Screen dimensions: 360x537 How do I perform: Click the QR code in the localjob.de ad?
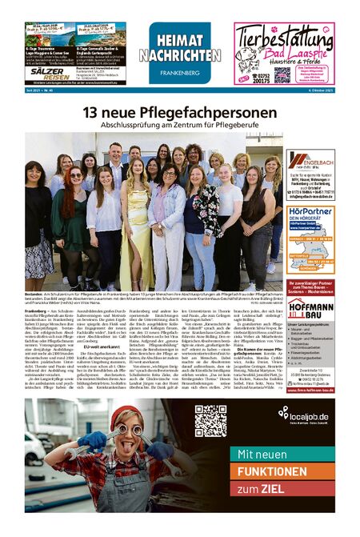pyautogui.click(x=210, y=421)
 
